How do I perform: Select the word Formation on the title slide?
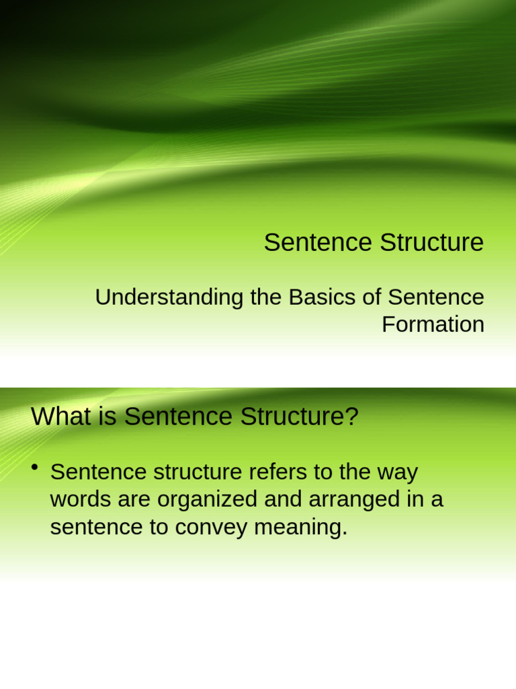(x=433, y=324)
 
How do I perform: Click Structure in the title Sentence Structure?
(x=431, y=242)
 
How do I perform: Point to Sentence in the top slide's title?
(x=318, y=242)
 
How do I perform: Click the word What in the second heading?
(x=59, y=417)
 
